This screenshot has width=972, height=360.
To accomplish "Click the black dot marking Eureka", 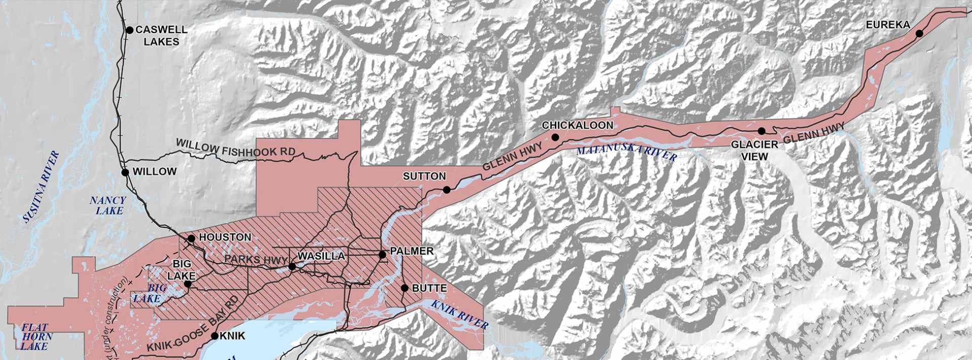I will pyautogui.click(x=919, y=33).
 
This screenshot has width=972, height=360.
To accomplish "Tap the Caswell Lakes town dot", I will pyautogui.click(x=129, y=30).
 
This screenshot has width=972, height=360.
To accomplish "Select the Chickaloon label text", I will pyautogui.click(x=577, y=125).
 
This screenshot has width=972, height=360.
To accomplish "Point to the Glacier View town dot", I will pyautogui.click(x=761, y=131).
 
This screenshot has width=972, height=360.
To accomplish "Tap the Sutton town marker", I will pyautogui.click(x=447, y=190).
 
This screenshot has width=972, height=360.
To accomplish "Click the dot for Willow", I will pyautogui.click(x=125, y=172).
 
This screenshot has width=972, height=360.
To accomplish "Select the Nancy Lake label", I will pyautogui.click(x=108, y=205).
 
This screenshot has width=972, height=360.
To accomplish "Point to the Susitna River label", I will pyautogui.click(x=42, y=187).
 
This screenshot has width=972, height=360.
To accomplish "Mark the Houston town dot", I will pyautogui.click(x=191, y=238).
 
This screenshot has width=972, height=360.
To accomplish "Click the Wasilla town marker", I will pyautogui.click(x=292, y=266).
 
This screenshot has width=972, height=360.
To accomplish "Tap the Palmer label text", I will pyautogui.click(x=412, y=251).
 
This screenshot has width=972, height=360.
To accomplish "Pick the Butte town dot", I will pyautogui.click(x=404, y=288).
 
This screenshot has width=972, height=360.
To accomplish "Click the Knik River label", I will pyautogui.click(x=460, y=314).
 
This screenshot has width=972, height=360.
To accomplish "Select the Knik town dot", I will pyautogui.click(x=215, y=336).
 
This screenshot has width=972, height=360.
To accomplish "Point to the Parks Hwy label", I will pyautogui.click(x=256, y=259).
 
